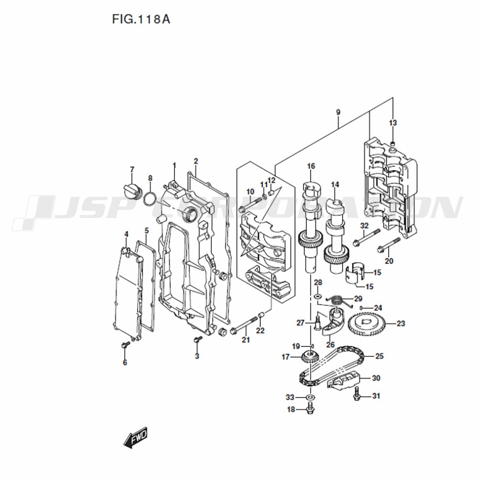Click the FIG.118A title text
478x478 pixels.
(x=141, y=19)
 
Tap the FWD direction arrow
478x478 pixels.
(x=135, y=437)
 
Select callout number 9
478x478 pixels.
(x=338, y=112)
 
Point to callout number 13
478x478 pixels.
(x=393, y=123)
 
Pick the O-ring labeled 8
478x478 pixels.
(x=150, y=200)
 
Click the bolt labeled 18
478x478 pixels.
(x=310, y=409)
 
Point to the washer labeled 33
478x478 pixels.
(x=310, y=397)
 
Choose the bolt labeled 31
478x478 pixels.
(x=357, y=393)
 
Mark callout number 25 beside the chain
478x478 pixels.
(x=379, y=356)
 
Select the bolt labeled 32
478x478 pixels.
(x=367, y=237)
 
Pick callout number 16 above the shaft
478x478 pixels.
(x=311, y=166)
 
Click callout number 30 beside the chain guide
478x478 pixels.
(x=376, y=378)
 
